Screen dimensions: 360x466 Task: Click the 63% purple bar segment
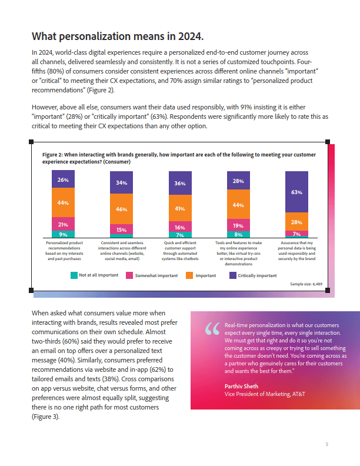[296, 192]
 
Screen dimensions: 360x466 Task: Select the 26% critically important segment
[63, 179]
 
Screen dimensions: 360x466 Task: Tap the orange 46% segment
[121, 209]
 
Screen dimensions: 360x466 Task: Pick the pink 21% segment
[63, 224]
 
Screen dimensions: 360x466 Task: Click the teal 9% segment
[63, 234]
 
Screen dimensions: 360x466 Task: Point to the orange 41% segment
[180, 208]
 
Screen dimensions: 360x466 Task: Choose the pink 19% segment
[238, 225]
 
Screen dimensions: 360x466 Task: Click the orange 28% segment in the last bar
[296, 222]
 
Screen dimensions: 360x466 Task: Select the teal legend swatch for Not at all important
[74, 275]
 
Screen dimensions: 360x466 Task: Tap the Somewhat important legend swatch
[129, 275]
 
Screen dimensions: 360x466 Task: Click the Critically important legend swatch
[233, 275]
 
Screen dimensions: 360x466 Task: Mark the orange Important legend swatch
[189, 275]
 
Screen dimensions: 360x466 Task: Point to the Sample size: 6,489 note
[306, 284]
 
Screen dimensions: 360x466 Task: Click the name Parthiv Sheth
[241, 387]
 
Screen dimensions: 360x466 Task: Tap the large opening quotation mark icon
[212, 329]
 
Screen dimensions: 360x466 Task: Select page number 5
[326, 444]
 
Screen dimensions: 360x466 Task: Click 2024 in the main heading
[191, 36]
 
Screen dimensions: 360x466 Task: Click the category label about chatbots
[180, 251]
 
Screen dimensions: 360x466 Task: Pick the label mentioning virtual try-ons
[238, 254]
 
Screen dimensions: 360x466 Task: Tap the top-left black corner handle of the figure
[31, 142]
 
